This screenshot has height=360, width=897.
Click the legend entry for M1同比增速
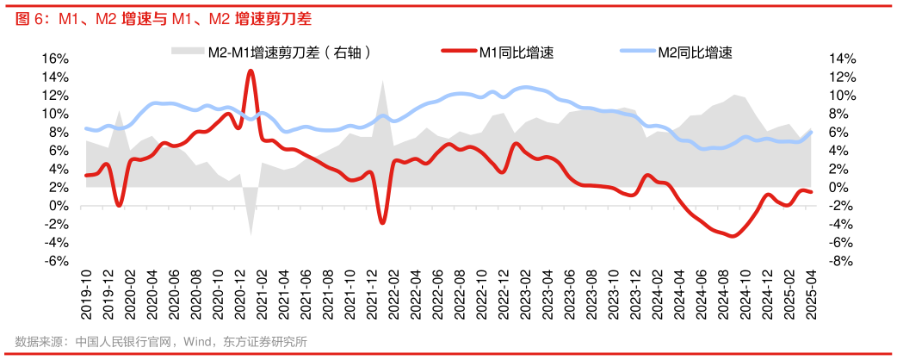[x=517, y=52]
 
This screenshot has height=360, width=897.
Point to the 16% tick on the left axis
[x=54, y=59]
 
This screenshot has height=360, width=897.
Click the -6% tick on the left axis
[x=54, y=262]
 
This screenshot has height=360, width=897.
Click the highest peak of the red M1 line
[x=251, y=71]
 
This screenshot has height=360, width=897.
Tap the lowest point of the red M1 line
[x=733, y=235]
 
